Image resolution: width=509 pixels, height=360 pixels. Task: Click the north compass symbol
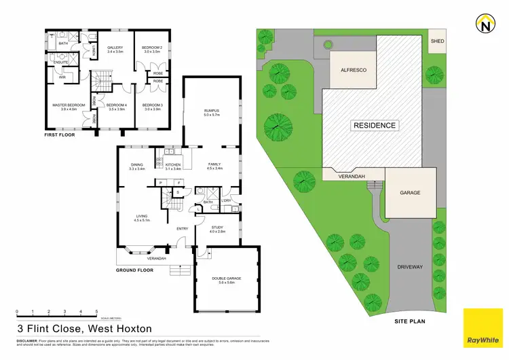[x=485, y=24]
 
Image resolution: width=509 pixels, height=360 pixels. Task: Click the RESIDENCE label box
[x=374, y=126]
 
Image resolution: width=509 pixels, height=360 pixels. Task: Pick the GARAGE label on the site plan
[x=409, y=193]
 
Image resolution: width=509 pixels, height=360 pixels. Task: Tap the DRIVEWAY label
[x=409, y=267]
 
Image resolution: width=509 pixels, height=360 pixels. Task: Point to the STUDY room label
[x=217, y=228]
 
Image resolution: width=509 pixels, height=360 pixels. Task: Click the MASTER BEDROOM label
[x=69, y=105]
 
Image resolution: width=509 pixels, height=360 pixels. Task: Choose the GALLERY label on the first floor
[x=114, y=48]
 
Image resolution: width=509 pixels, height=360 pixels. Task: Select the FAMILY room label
[x=214, y=164]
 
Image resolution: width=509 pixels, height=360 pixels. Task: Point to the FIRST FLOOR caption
[x=61, y=134]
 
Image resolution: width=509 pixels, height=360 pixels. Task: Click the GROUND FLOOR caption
[x=134, y=270]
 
